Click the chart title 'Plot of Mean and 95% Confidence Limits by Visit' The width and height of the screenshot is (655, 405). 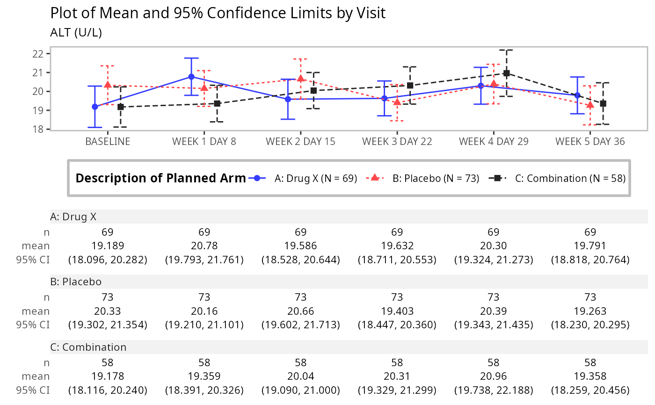tap(218, 13)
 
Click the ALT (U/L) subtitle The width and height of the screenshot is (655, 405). tap(76, 33)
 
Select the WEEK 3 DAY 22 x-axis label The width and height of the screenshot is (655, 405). tap(397, 141)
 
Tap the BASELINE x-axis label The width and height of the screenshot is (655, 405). tap(108, 141)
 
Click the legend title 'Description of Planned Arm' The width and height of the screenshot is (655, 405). tap(160, 178)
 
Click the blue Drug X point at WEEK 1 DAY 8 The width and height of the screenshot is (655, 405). tap(191, 77)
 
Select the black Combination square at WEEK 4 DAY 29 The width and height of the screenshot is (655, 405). tap(506, 73)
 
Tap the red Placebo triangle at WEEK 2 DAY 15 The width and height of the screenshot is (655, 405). tap(300, 78)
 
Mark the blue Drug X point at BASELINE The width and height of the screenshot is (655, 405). tap(95, 107)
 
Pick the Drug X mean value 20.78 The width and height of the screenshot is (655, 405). tap(204, 246)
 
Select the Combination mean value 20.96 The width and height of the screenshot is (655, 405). tap(494, 376)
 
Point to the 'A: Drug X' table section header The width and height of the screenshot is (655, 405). tap(73, 217)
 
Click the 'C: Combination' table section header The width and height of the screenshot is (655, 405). tap(88, 347)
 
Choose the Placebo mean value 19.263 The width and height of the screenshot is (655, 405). tap(590, 311)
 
